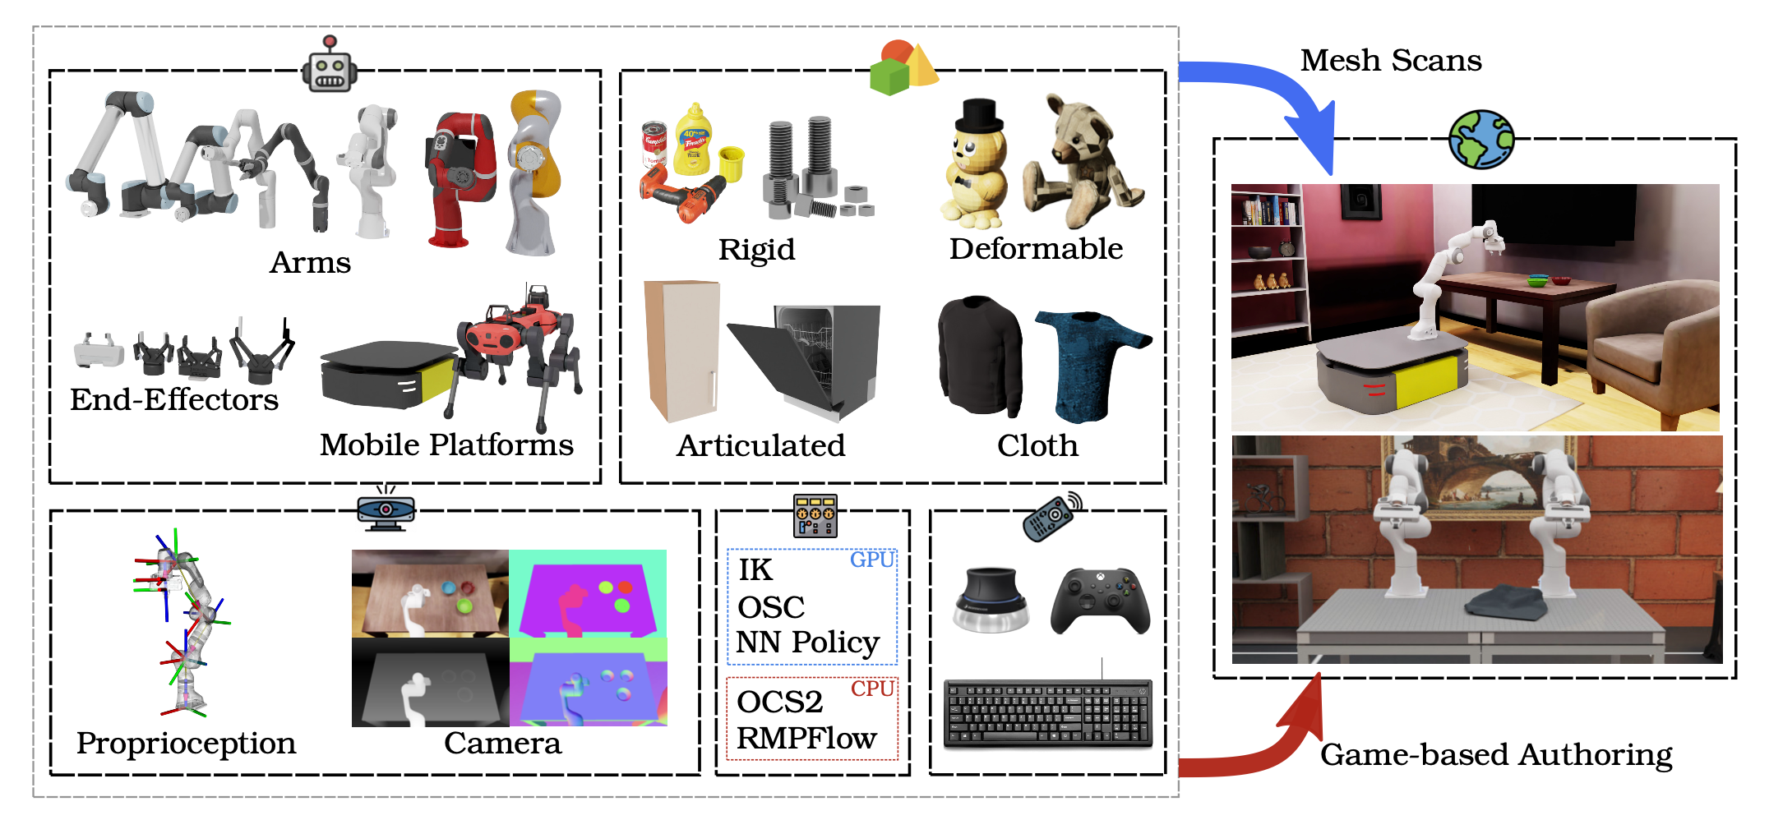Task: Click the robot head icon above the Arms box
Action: tap(329, 66)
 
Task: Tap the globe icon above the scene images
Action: tap(1480, 140)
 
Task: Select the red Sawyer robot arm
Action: tap(458, 177)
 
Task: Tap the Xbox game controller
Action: tap(1100, 600)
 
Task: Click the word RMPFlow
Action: tap(806, 738)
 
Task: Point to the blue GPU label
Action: tap(871, 560)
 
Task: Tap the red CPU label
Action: tap(871, 689)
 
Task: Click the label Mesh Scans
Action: tap(1391, 60)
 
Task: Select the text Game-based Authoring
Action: tap(1496, 754)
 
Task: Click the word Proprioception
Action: tap(186, 743)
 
